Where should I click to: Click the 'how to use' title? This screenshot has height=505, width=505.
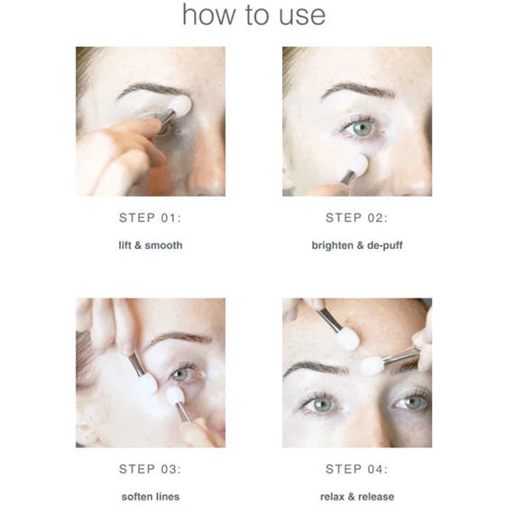[253, 15]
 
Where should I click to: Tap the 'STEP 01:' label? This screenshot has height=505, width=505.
[150, 217]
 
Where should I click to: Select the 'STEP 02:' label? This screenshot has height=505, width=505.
[356, 217]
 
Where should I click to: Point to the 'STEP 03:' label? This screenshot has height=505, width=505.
[150, 469]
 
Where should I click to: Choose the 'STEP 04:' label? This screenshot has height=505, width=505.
[356, 469]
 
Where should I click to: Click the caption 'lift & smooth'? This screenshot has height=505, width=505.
[150, 244]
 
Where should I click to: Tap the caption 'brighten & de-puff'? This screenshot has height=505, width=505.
[356, 244]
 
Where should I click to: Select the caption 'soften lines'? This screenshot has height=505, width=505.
[150, 496]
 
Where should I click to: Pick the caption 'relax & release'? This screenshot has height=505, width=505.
[356, 496]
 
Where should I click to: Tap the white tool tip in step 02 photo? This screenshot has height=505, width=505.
[357, 167]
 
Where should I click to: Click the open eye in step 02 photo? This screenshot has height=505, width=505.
[363, 128]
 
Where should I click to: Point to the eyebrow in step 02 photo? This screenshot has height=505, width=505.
[359, 91]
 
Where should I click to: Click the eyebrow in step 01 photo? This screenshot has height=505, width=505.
[149, 91]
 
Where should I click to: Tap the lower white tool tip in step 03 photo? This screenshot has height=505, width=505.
[175, 396]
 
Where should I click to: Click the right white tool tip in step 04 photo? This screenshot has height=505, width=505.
[373, 365]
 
